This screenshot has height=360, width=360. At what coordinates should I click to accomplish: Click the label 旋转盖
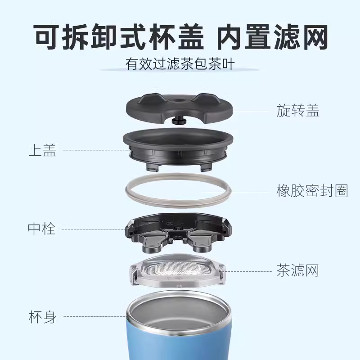pos(298,110)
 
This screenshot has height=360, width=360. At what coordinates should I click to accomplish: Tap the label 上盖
pos(42,150)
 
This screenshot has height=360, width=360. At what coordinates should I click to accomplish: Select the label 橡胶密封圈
pos(312,191)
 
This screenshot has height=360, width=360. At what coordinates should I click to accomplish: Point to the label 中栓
pos(41,229)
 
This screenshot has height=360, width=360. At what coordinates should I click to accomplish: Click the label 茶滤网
pos(298,270)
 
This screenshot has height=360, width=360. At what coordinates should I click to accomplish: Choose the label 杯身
pos(42,317)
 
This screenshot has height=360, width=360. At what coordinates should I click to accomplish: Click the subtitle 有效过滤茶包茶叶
pos(180,64)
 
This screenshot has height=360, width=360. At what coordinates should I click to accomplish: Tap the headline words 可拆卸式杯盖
pos(119,37)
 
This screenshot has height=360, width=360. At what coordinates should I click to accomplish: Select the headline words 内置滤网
pos(272,37)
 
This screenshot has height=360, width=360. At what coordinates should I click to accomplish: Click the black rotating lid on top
pos(179,108)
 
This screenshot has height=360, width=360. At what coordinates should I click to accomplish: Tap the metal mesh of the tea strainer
pos(177,269)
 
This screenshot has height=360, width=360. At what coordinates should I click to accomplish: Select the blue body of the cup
pos(178,340)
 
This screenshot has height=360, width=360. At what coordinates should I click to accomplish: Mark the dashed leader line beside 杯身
pos(94,316)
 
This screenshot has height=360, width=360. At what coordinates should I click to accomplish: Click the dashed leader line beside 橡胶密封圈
pos(235,192)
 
